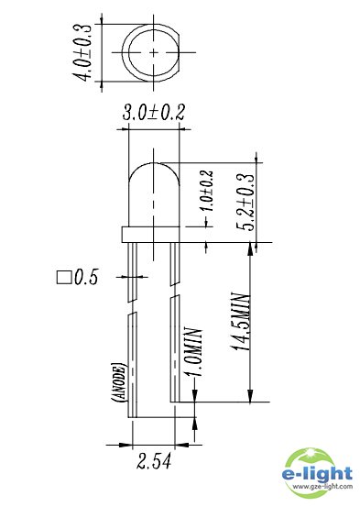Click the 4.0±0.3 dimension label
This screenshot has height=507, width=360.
pyautogui.click(x=82, y=52)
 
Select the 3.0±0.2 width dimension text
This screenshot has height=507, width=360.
pyautogui.click(x=154, y=113)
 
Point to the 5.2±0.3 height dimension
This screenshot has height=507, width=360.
pyautogui.click(x=246, y=203)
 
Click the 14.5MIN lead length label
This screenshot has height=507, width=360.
pyautogui.click(x=241, y=322)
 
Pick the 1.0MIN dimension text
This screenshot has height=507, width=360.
pyautogui.click(x=193, y=352)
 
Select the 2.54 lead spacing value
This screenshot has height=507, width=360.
pyautogui.click(x=154, y=461)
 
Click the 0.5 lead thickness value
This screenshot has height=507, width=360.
pyautogui.click(x=86, y=277)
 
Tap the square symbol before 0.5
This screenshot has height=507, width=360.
pyautogui.click(x=64, y=278)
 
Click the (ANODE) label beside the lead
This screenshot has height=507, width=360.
pyautogui.click(x=118, y=383)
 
